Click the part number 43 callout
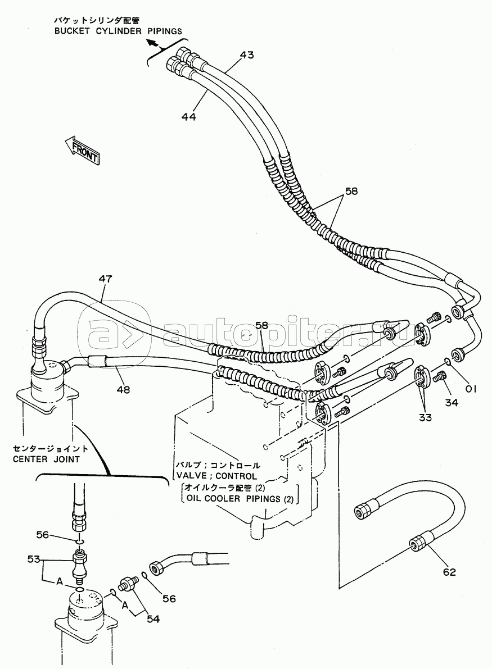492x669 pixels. pyautogui.click(x=246, y=54)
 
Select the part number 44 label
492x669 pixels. pyautogui.click(x=188, y=116)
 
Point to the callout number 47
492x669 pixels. pyautogui.click(x=105, y=279)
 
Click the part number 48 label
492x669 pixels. pyautogui.click(x=123, y=389)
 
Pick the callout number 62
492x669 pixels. pyautogui.click(x=449, y=572)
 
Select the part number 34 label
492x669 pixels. pyautogui.click(x=452, y=402)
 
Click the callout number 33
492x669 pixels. pyautogui.click(x=425, y=417)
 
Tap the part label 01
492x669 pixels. pyautogui.click(x=470, y=389)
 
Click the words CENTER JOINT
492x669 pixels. pyautogui.click(x=46, y=459)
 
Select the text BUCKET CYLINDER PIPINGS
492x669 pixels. pyautogui.click(x=118, y=31)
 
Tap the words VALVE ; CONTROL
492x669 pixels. pyautogui.click(x=217, y=476)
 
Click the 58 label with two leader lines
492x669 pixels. pyautogui.click(x=351, y=191)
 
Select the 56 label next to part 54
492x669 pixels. pyautogui.click(x=169, y=599)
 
